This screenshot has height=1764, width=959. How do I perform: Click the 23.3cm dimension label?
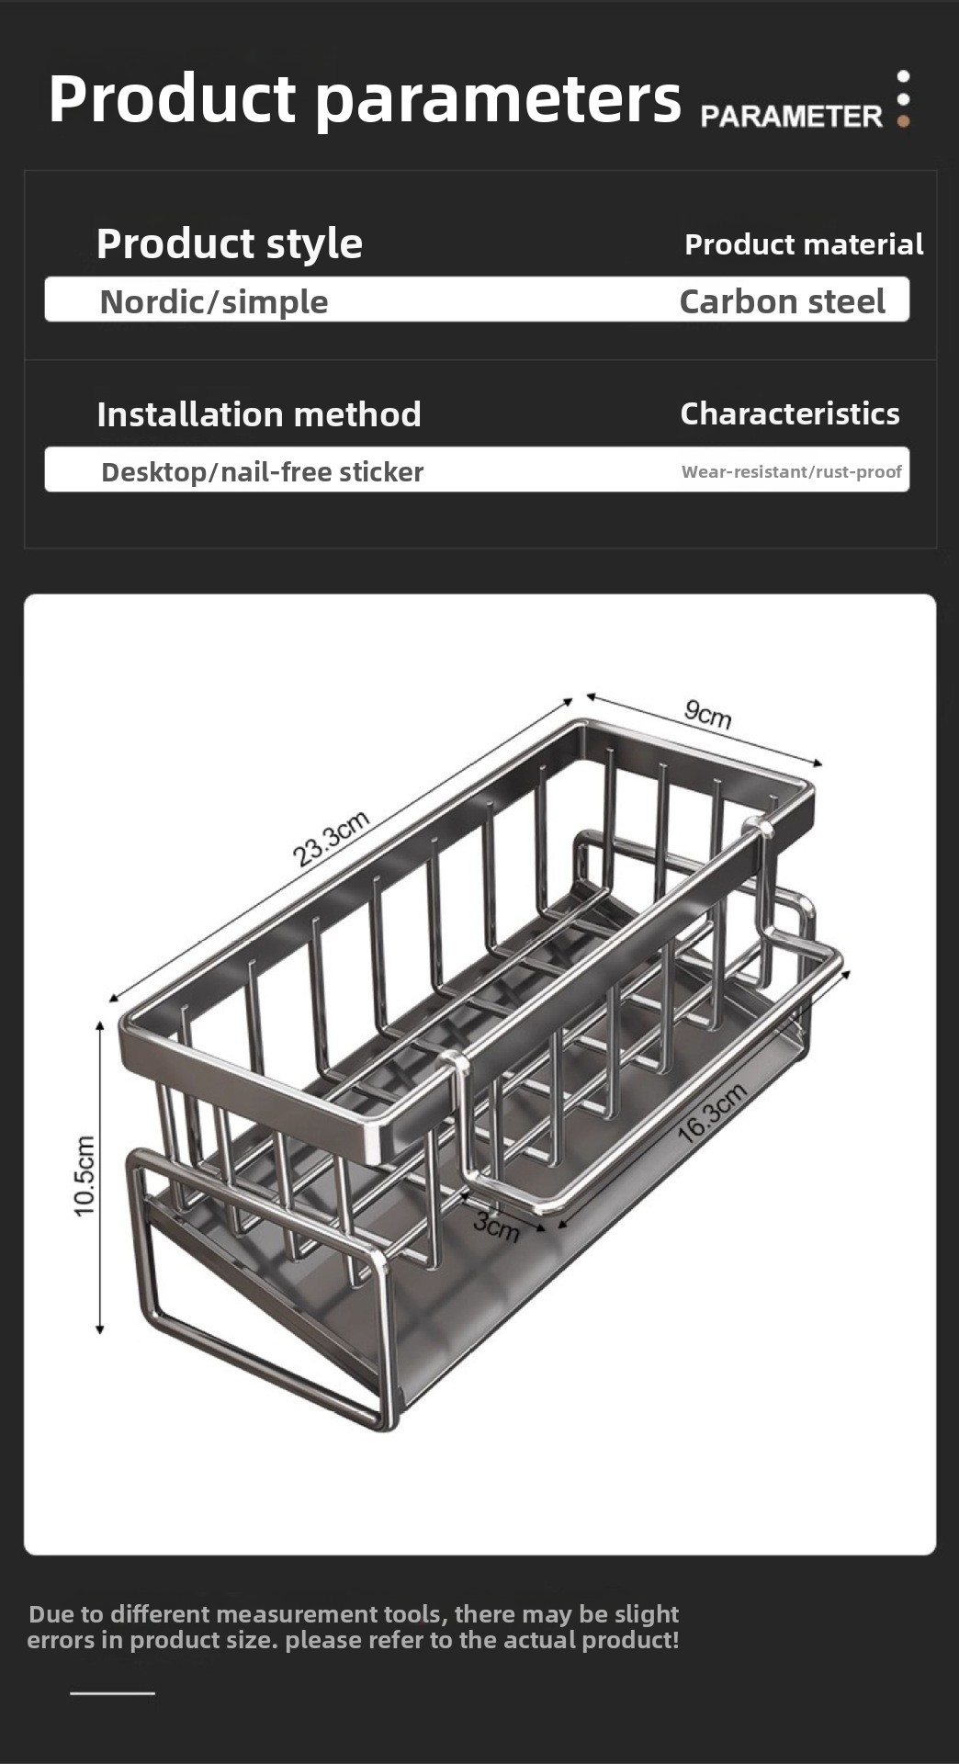331,839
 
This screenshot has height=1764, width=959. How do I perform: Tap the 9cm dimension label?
708,713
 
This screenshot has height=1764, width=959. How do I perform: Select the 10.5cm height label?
85,1176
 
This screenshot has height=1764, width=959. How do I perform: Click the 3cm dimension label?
497,1225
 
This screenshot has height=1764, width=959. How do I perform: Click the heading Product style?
230,244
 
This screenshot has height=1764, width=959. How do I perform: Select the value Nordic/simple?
214,301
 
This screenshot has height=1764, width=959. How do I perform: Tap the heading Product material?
804,244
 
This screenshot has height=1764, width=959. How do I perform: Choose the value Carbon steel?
783,301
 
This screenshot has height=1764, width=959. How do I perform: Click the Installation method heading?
259,414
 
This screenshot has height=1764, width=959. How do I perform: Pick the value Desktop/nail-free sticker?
262,472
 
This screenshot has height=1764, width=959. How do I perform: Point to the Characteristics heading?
790,413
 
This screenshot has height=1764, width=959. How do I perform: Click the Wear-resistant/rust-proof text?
792,472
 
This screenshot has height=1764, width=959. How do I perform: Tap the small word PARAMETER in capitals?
791,117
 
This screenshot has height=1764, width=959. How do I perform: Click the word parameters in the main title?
499,100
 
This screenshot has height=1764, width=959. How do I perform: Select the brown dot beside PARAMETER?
904,120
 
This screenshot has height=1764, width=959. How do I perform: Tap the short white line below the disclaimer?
112,1692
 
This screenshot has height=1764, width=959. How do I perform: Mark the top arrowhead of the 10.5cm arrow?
100,1023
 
